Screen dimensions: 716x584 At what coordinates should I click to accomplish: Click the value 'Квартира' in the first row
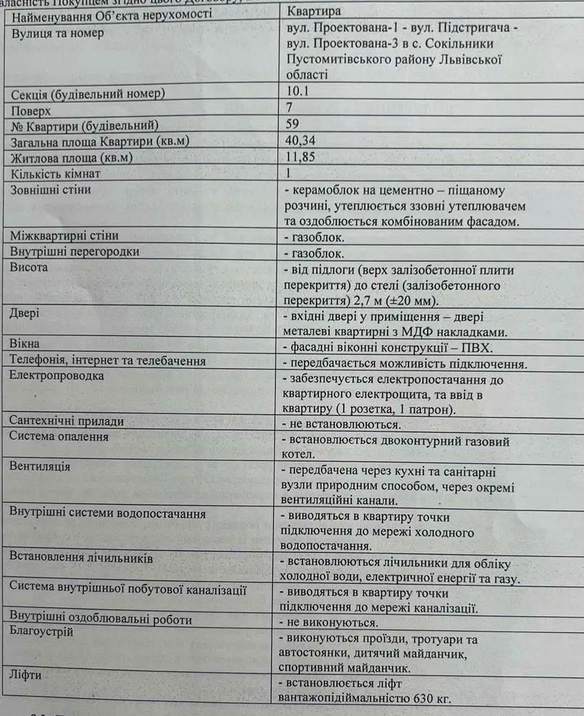tap(314, 11)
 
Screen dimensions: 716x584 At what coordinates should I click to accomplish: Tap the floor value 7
tap(289, 108)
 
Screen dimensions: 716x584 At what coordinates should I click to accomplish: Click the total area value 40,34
tap(302, 140)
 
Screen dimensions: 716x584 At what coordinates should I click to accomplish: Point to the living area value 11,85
tap(300, 156)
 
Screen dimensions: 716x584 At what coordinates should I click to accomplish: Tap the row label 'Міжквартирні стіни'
tap(64, 236)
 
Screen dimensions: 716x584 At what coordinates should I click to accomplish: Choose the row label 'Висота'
tap(29, 268)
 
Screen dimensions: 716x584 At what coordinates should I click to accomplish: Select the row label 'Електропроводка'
tap(57, 376)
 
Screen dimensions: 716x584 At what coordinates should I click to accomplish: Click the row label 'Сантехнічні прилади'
tap(67, 422)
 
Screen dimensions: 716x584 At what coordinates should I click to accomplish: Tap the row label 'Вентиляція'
tap(39, 466)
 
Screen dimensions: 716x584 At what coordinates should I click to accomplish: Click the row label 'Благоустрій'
tap(42, 632)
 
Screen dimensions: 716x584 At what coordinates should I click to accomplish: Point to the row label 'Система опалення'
tap(59, 437)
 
